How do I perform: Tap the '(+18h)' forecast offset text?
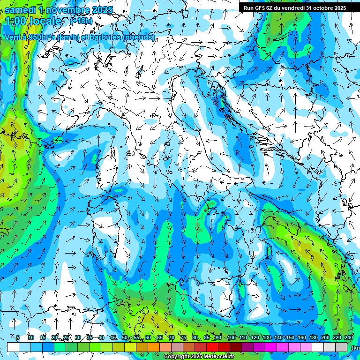83,21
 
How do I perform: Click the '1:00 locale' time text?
34,21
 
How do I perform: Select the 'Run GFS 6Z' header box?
294,7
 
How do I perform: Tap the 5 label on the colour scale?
18,337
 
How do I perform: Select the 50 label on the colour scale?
124,337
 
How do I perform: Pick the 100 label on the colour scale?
231,337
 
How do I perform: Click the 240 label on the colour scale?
349,337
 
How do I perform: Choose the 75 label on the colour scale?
183,337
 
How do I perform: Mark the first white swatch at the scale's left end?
13,347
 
